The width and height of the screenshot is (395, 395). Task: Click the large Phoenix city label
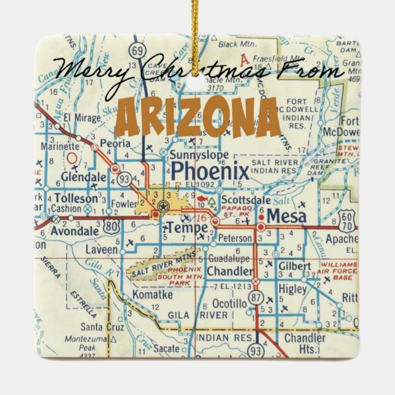tap(209, 171)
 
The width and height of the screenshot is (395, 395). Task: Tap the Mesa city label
tap(287, 217)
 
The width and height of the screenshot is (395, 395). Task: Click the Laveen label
tap(100, 250)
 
